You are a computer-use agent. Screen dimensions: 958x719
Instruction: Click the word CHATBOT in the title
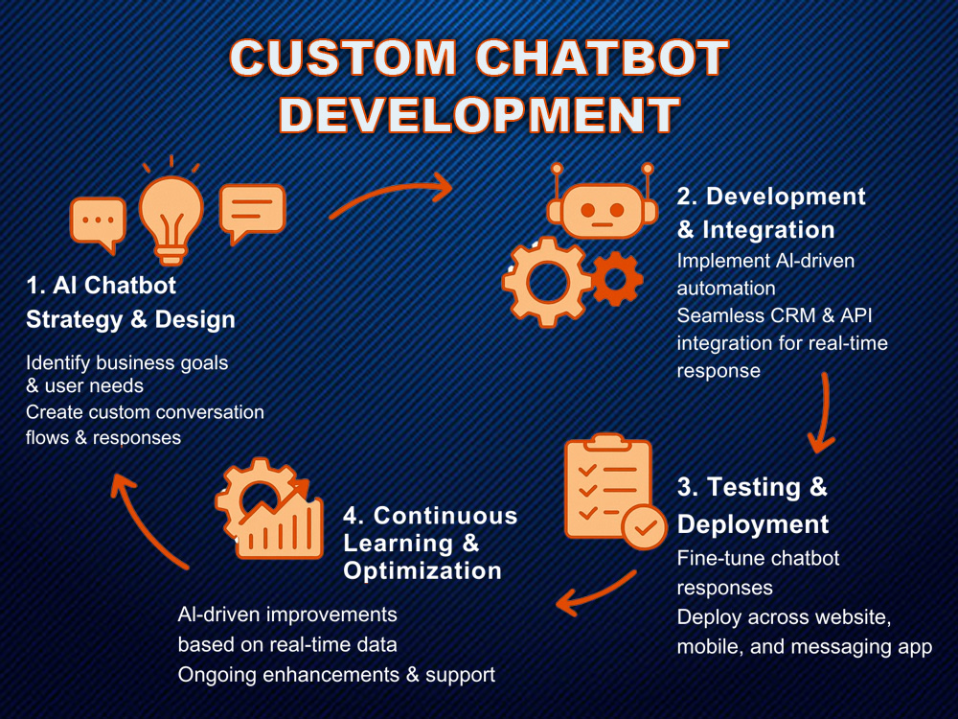pos(602,58)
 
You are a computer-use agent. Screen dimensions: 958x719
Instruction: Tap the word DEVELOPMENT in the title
pos(480,114)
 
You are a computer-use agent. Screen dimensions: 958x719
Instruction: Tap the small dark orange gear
pos(617,279)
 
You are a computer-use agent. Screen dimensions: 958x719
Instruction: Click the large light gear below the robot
pos(547,282)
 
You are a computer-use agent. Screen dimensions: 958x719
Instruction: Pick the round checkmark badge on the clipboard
pos(645,527)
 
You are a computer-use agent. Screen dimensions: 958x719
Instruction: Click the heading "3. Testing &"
pos(752,487)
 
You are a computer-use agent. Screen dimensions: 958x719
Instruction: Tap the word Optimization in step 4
pos(422,571)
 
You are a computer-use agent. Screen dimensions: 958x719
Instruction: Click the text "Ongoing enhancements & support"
pos(336,674)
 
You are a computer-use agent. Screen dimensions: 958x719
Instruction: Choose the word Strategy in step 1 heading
pos(74,320)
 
